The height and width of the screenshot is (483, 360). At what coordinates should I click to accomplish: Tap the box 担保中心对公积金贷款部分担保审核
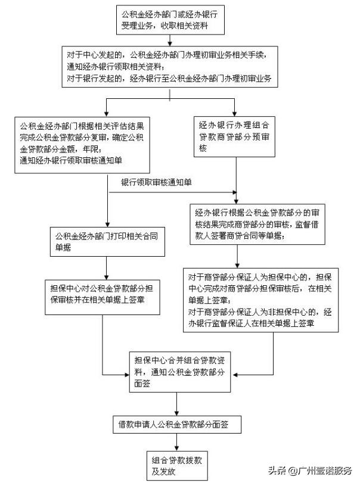(105, 294)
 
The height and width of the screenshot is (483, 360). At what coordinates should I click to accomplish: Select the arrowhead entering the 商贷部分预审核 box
(236, 112)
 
